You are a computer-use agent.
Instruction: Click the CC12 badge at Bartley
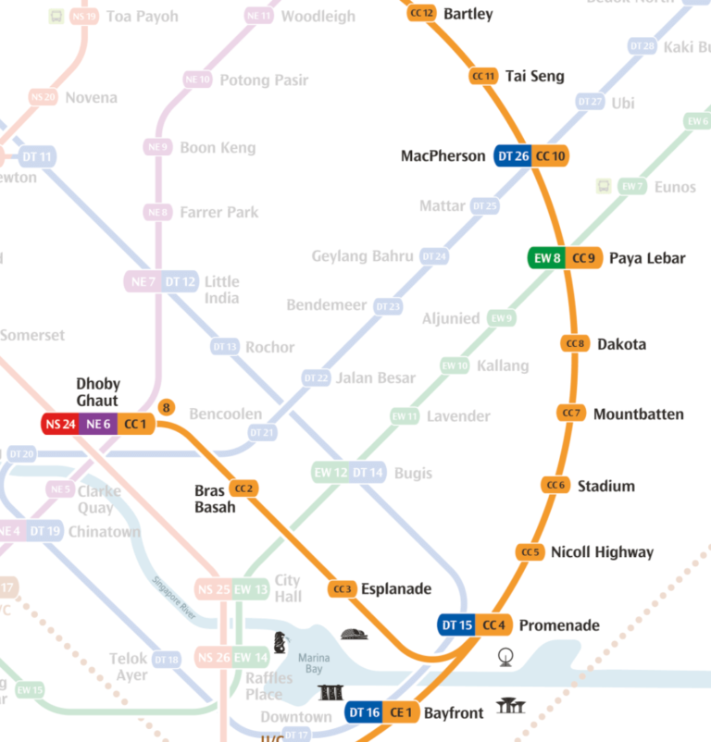click(x=421, y=13)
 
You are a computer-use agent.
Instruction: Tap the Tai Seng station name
click(x=534, y=76)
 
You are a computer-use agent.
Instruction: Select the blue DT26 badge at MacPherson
click(x=513, y=156)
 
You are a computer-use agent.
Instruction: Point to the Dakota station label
click(x=621, y=344)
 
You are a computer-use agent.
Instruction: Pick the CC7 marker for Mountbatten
click(x=572, y=413)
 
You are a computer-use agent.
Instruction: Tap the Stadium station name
click(x=605, y=486)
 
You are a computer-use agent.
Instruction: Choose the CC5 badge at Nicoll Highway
click(x=530, y=552)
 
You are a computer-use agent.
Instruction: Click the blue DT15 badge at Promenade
click(x=457, y=625)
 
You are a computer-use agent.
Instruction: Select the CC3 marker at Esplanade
click(x=343, y=588)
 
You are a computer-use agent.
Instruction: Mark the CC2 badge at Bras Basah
click(x=243, y=488)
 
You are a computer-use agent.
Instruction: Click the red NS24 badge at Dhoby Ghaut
click(x=60, y=425)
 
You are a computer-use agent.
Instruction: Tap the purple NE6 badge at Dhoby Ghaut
click(x=98, y=425)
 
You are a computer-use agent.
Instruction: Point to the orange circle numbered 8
click(x=166, y=407)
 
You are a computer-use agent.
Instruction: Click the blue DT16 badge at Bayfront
click(x=366, y=712)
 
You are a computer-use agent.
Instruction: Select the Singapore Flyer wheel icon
click(x=505, y=658)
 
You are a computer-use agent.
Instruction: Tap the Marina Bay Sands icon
click(x=331, y=692)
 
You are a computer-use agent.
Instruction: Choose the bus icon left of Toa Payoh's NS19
click(x=56, y=17)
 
